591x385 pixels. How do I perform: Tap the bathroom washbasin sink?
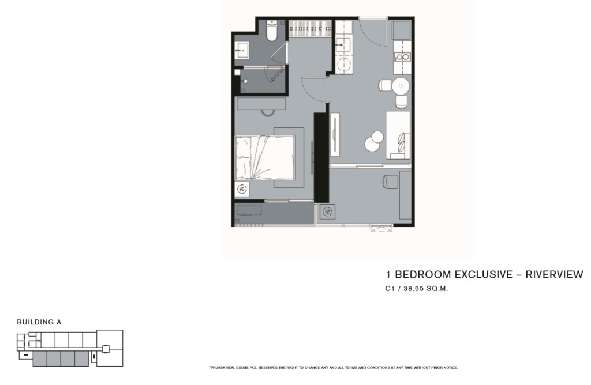(x=242, y=50)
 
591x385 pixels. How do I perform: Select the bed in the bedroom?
(x=264, y=157)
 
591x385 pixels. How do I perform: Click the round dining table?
(x=401, y=86)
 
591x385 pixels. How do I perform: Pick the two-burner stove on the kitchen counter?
(x=402, y=57)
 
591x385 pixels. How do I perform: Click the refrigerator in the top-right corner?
(x=401, y=30)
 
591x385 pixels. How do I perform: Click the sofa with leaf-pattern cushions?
(x=398, y=135)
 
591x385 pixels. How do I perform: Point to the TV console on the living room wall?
(x=335, y=134)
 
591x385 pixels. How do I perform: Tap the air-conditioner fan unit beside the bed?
(x=242, y=188)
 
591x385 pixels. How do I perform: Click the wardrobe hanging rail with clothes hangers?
(x=310, y=29)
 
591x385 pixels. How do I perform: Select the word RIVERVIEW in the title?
(x=554, y=274)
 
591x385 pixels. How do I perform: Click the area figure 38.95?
(x=414, y=289)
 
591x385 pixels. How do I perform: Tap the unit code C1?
(x=390, y=289)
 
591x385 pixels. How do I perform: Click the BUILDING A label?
(x=39, y=322)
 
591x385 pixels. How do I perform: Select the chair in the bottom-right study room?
(x=390, y=182)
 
